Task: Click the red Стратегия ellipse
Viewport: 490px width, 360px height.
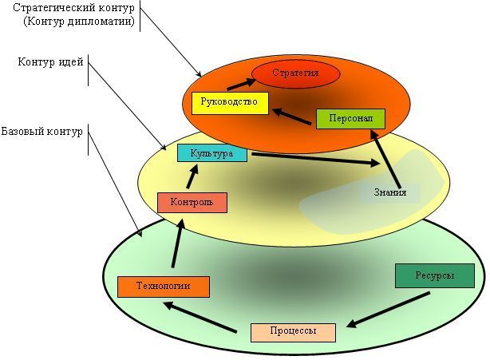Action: [295, 73]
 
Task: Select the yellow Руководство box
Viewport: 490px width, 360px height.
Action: [229, 103]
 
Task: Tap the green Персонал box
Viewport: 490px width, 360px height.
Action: [350, 118]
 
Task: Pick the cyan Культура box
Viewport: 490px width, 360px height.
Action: [211, 153]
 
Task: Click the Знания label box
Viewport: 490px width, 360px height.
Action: [389, 192]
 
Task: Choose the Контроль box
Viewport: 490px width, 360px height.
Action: [192, 203]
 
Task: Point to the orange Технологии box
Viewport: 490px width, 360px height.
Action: [163, 286]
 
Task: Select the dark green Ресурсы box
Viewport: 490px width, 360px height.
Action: [434, 275]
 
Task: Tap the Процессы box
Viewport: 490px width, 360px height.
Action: [292, 331]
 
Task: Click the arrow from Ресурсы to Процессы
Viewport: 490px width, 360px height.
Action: [389, 310]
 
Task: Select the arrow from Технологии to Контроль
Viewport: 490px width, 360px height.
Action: [176, 244]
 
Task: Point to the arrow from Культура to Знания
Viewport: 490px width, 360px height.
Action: [315, 159]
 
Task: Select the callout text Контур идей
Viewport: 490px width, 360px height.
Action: [50, 61]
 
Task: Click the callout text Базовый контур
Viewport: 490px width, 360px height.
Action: [41, 131]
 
